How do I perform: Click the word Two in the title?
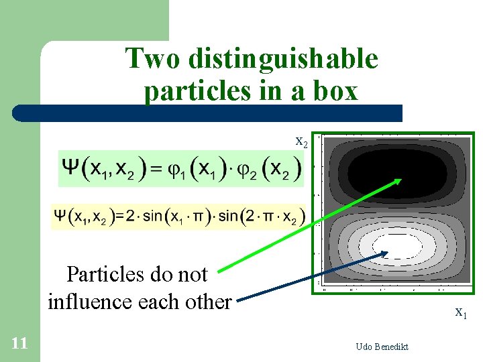click(x=154, y=59)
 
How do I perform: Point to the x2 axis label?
click(x=302, y=141)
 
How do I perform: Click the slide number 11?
click(x=19, y=344)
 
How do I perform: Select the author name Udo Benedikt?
click(x=382, y=347)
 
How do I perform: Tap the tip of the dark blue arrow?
click(x=388, y=253)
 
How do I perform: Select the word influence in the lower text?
click(x=92, y=302)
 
